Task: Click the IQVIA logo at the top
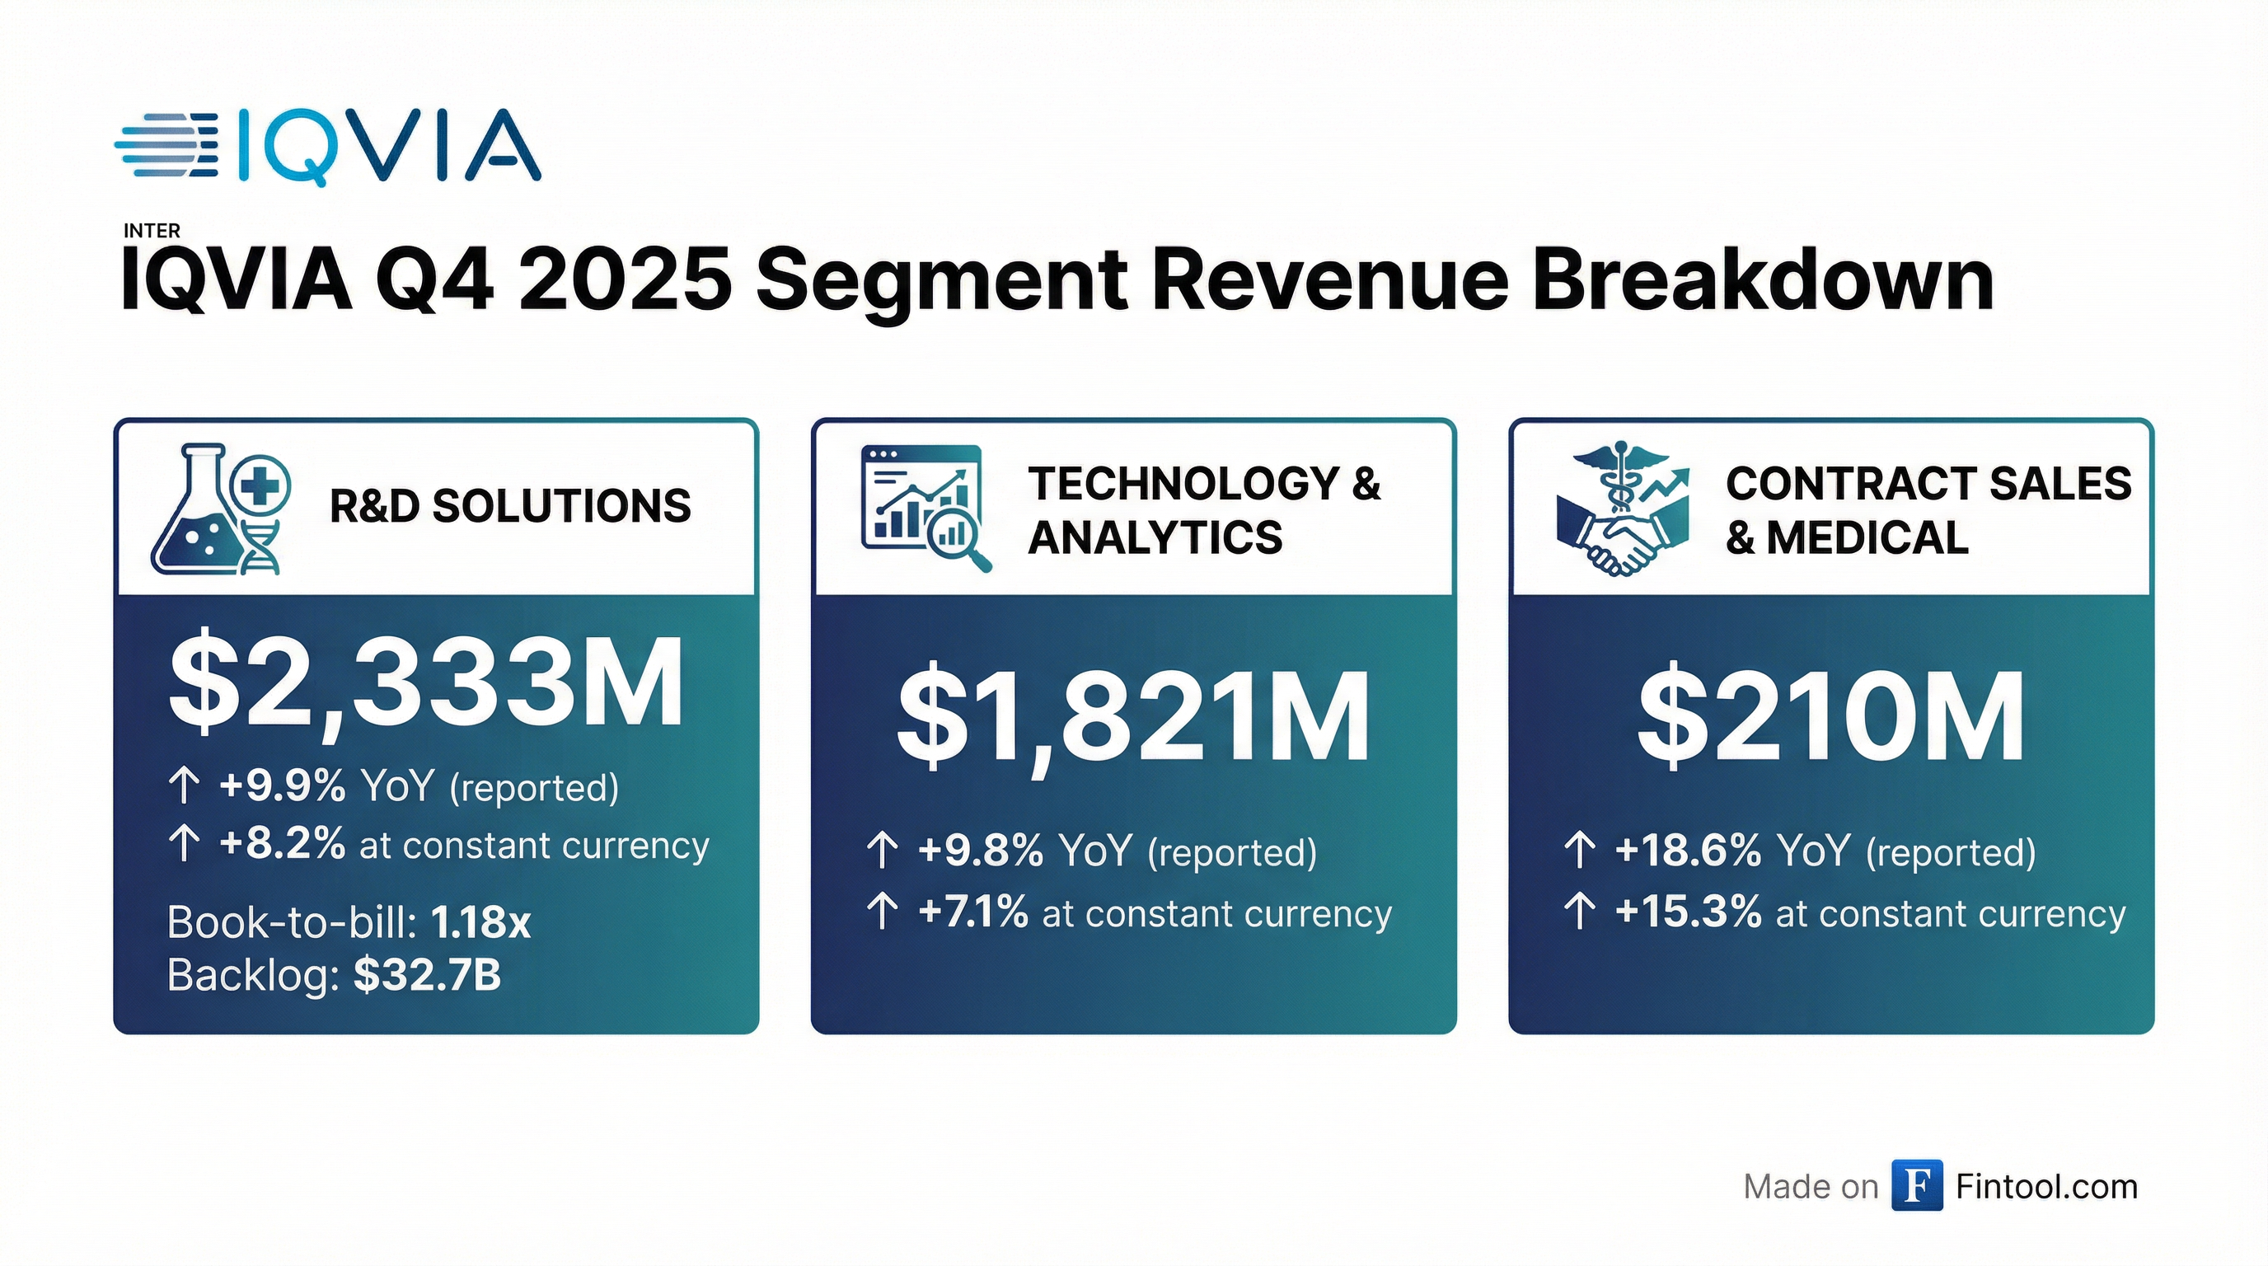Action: (x=327, y=146)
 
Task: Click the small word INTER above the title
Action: (x=152, y=231)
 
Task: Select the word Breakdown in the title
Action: (x=1763, y=280)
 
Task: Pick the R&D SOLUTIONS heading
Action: (x=510, y=506)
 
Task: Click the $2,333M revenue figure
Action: (x=426, y=683)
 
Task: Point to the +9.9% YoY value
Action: (x=283, y=785)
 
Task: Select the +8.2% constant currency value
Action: (x=283, y=844)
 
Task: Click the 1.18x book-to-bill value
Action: (x=480, y=922)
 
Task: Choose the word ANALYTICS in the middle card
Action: (x=1155, y=538)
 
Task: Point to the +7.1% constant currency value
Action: (x=972, y=913)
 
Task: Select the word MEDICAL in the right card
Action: (x=1867, y=538)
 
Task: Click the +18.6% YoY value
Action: (x=1688, y=851)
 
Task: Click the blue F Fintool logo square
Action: (x=1918, y=1186)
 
